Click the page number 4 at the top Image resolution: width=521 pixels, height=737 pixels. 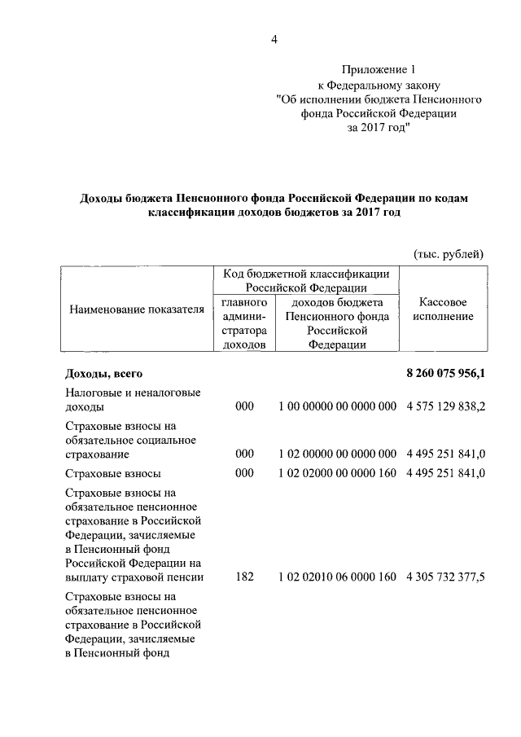coord(274,42)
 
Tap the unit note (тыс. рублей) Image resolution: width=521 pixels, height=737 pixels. coord(449,254)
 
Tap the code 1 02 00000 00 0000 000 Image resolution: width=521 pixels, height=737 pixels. coord(337,454)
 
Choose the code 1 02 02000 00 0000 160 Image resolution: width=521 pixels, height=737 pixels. coord(337,473)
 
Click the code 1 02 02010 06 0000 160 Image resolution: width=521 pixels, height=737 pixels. coord(337,577)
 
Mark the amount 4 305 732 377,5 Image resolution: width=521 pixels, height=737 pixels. coord(444,577)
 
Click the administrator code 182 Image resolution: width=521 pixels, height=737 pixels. coord(244,577)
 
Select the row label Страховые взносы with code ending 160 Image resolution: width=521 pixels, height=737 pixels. coord(113,473)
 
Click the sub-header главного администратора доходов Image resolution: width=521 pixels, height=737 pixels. coord(244,323)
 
